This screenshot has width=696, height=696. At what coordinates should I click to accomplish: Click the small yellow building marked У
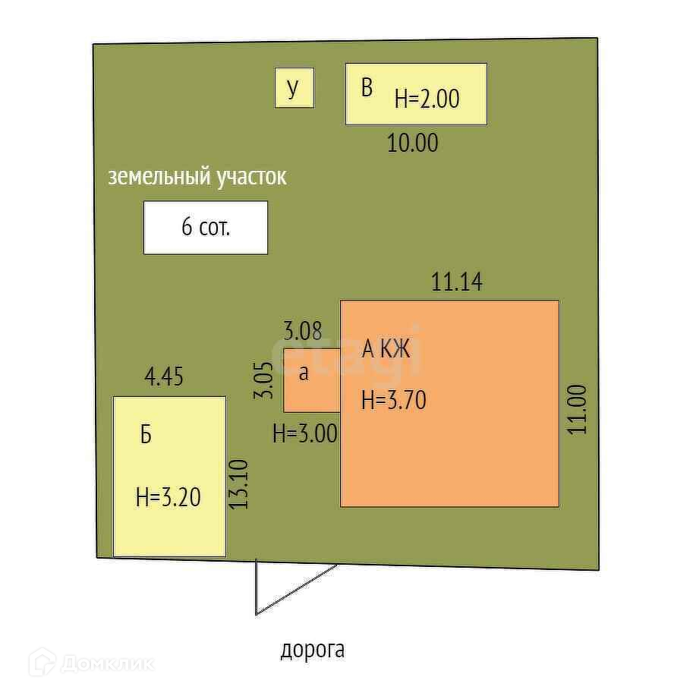294,88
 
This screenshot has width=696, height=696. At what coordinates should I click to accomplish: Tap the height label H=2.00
427,99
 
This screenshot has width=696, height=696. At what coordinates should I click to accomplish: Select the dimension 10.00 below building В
413,143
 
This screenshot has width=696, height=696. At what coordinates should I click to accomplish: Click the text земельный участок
197,177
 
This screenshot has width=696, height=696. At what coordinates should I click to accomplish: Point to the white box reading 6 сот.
206,227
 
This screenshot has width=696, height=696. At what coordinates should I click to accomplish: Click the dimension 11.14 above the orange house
457,282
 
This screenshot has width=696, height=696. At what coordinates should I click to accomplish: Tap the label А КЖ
386,349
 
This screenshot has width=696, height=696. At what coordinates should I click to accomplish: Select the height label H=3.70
393,399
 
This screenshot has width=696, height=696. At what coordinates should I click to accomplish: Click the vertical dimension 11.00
578,409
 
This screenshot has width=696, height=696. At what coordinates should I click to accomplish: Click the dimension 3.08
303,331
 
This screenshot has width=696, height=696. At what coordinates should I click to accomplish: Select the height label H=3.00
305,433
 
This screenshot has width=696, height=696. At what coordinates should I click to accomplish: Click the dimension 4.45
163,376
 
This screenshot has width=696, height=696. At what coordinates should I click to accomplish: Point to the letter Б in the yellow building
146,435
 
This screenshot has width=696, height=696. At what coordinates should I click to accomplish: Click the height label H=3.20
168,497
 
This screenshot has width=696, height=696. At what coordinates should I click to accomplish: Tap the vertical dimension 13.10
240,484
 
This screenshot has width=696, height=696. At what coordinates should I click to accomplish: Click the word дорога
313,650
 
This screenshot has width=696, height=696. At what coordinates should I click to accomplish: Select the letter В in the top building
367,88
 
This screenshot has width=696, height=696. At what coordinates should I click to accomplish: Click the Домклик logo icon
42,663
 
